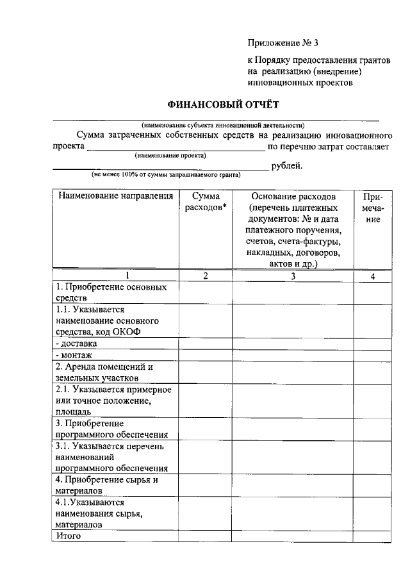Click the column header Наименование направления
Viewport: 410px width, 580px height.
tap(115, 196)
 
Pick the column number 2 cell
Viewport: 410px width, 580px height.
tap(205, 276)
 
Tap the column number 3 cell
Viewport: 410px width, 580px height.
tap(293, 276)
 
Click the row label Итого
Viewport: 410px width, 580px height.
tap(69, 536)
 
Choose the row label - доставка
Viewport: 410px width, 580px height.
tap(77, 344)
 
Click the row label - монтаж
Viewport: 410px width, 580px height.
tap(74, 355)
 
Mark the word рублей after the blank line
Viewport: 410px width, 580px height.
tap(286, 167)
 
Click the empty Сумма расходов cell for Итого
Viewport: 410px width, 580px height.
tap(205, 536)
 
